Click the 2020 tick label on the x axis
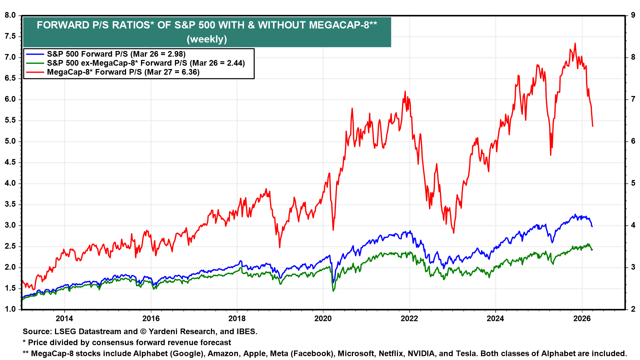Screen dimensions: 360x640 tap(323, 318)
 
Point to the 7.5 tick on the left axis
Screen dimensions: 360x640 tap(10, 36)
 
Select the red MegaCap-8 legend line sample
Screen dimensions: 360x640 tap(35, 72)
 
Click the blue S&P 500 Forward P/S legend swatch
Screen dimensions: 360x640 tap(35, 54)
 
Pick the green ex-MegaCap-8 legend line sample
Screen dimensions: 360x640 tap(35, 63)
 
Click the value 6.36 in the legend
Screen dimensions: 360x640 tap(189, 72)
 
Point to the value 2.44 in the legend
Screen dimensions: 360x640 tap(234, 63)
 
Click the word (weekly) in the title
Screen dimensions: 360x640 tap(207, 39)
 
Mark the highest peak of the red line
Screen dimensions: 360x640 tap(575, 43)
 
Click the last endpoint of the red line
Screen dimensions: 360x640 tap(592, 126)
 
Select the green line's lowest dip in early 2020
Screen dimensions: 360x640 tap(333, 291)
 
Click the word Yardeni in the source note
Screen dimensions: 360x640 tap(163, 332)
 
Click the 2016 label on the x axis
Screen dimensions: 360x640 tap(151, 318)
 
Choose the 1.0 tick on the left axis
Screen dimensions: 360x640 tap(10, 309)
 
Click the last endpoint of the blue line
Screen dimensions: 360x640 tap(592, 227)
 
